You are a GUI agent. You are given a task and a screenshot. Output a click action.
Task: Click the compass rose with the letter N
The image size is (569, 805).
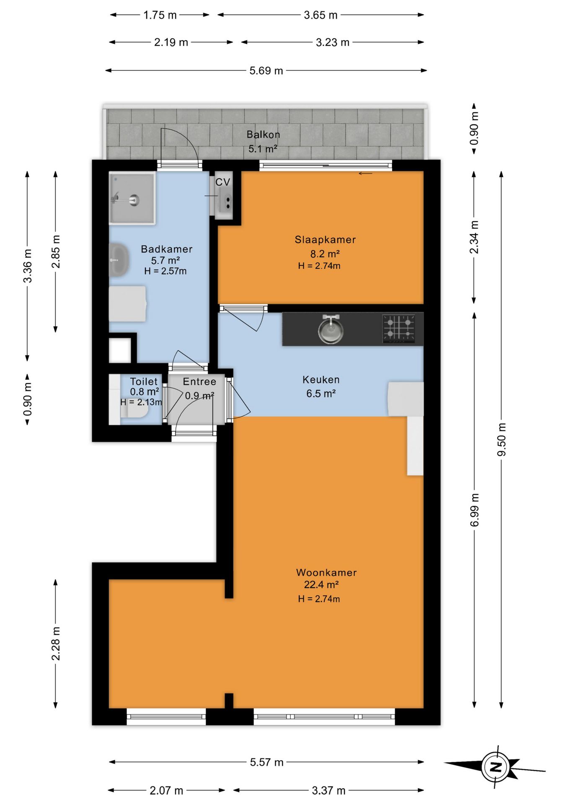tap(496, 767)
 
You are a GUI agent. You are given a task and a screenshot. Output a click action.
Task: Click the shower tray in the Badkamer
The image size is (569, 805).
tap(132, 198)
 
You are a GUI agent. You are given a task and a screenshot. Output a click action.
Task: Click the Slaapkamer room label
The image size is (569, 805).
tap(325, 240)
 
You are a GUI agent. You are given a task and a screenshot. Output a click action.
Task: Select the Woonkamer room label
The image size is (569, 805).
tap(326, 572)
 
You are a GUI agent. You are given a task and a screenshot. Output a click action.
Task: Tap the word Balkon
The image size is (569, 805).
tap(263, 135)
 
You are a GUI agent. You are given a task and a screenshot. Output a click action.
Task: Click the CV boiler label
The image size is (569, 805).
tap(223, 182)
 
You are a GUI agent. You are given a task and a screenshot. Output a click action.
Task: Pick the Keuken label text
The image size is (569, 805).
tap(321, 379)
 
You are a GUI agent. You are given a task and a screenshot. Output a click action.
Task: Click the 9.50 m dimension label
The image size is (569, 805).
tap(502, 439)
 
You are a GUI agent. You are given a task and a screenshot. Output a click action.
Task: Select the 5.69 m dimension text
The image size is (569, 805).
tap(266, 70)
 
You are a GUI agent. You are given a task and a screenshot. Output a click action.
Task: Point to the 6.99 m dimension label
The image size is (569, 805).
tap(474, 510)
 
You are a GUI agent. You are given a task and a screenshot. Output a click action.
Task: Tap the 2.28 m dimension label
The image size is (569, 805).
tap(56, 644)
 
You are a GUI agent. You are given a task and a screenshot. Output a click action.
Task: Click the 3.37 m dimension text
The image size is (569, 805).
tap(328, 790)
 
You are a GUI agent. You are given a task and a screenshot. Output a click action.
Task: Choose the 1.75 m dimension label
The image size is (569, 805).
tap(160, 15)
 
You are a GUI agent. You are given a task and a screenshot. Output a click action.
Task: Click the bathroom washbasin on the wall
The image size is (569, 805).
tap(119, 260)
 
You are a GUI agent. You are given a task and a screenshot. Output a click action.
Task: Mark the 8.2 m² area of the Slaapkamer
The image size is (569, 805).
tap(325, 254)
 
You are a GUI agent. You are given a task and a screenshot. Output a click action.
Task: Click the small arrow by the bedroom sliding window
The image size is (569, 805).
tap(365, 174)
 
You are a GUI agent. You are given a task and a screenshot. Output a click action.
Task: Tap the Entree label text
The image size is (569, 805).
tap(199, 382)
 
